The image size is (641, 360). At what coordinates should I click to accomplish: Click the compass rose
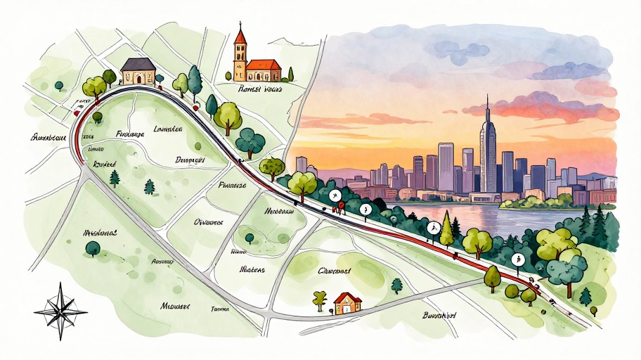coord(60,307)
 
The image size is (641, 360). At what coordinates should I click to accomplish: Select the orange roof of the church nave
coord(264,65)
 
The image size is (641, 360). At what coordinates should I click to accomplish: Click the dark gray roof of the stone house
coord(138,64)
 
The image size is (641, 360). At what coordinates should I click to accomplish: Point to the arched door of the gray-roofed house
coord(138,79)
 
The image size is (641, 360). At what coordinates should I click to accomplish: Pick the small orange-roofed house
coord(347,303)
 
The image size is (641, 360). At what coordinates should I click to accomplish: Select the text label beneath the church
coord(259,90)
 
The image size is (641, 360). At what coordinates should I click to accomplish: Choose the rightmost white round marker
coord(518,259)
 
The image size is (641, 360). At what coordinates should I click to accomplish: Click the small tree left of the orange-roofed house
coord(320,299)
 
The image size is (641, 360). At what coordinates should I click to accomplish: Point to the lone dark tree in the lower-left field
coord(92,247)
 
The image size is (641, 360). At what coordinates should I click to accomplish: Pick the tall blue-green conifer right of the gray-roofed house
coord(195,82)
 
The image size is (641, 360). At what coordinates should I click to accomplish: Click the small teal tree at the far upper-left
coord(59,85)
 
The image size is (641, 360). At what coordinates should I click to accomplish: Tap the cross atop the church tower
coord(241,25)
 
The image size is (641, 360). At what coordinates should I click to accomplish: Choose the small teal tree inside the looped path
coord(247,238)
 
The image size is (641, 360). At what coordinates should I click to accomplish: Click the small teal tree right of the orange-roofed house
coord(397,285)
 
